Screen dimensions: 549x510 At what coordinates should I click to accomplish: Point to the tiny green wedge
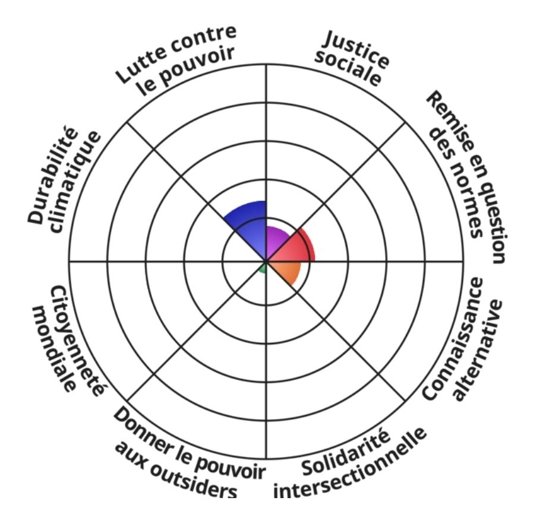coord(263,268)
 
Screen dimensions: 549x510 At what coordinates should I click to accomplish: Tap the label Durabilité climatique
coord(63,180)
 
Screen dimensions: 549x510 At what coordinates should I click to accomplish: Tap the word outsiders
coord(175,471)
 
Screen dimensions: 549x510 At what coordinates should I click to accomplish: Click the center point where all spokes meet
coord(266,262)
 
